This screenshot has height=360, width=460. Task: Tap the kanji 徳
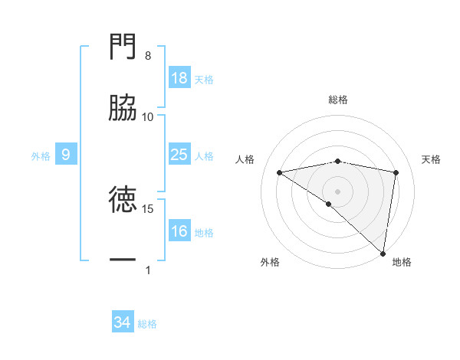tap(123, 201)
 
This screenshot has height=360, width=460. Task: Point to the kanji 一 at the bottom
tap(123, 261)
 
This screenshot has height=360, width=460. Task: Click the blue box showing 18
tap(179, 78)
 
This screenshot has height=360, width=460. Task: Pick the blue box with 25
tap(179, 155)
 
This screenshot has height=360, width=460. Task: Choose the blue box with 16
tap(179, 231)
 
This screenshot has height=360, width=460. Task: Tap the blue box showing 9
tap(66, 155)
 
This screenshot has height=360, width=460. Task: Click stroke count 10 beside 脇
tap(148, 116)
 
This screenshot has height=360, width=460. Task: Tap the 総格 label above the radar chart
tap(338, 100)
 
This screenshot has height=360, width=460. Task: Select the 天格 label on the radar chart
tap(432, 159)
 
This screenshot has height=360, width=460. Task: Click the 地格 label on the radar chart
tap(402, 262)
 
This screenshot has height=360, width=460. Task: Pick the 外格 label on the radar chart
tap(270, 262)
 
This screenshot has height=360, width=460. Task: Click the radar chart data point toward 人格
tap(280, 172)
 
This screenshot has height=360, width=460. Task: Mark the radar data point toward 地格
tap(383, 253)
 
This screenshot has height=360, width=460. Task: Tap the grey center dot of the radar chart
tap(338, 190)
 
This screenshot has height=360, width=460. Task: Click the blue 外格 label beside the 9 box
tap(41, 155)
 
